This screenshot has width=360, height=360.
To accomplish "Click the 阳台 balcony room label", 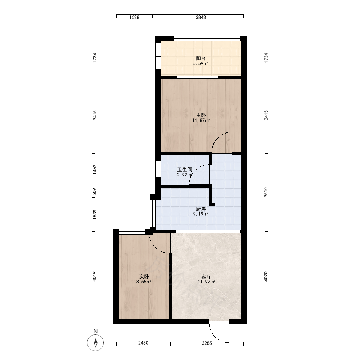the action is pos(201,58).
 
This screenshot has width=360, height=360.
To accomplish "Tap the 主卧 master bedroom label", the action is pos(201,115).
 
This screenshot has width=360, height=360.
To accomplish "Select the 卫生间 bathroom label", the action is pos(185,170).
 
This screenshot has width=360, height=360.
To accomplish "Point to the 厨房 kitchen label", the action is pos(201,209).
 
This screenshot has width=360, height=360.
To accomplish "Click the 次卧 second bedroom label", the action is pos(144,276).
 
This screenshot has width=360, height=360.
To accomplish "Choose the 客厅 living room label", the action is pos(206,276).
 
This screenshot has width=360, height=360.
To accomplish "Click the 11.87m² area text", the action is pos(201,120).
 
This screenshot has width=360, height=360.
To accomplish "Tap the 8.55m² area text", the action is pos(144,282).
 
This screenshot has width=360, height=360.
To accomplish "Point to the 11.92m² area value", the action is pos(206,282).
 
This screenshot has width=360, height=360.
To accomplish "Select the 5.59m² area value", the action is pos(201,63).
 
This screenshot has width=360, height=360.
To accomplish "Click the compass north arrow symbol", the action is pos(95,343).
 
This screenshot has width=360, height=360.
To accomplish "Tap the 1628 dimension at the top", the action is pos(134,17).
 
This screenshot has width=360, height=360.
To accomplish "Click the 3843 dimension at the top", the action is pos(201,17).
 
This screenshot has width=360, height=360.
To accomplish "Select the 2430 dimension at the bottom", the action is pos(143,343).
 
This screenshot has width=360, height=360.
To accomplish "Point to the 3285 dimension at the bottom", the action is pos(207,343).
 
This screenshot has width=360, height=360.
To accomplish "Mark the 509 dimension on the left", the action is pos(95,192).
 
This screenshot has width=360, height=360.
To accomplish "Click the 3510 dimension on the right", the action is pos(266,192).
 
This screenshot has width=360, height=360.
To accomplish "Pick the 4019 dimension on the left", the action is pos(95,276).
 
